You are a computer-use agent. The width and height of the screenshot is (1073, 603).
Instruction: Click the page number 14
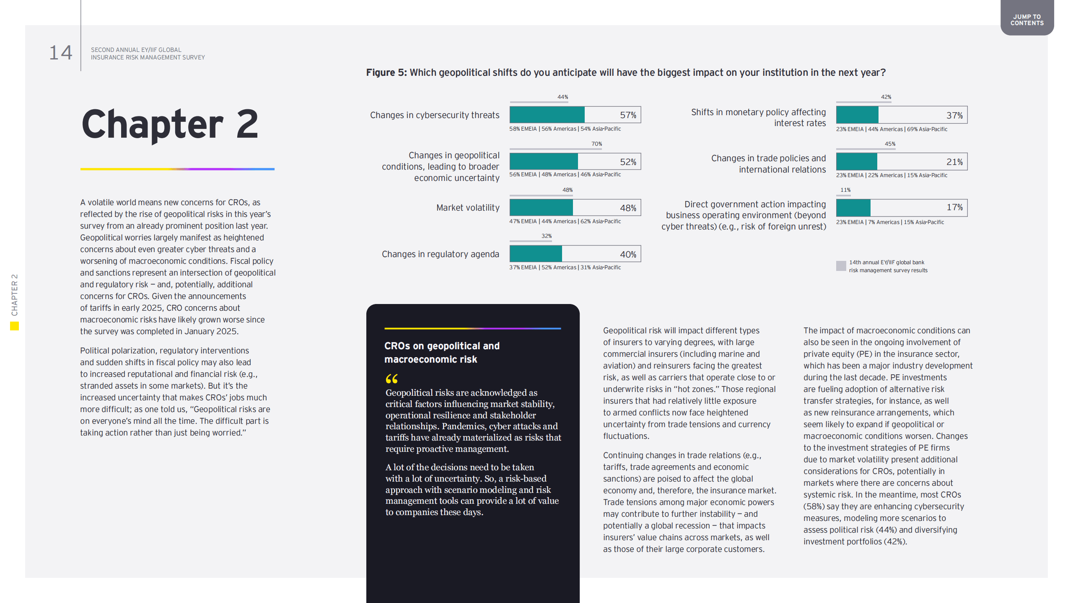tap(61, 53)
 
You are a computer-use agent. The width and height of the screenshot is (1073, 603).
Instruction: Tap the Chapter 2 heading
tap(170, 124)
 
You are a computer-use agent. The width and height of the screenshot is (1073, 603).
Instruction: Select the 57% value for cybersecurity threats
tap(628, 115)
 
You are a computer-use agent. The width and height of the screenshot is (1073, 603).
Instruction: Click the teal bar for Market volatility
tap(541, 208)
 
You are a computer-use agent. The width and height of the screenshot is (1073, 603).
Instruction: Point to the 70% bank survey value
tap(596, 144)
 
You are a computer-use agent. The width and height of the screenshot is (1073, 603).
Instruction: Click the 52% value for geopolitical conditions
tap(628, 162)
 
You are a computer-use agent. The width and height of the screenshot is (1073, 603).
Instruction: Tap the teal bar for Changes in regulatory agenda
tap(536, 254)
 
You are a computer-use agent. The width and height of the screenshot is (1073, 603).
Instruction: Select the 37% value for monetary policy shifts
tap(954, 116)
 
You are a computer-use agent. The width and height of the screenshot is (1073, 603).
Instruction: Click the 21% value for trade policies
tap(954, 162)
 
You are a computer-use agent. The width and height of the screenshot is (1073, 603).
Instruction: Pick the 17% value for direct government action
tap(954, 207)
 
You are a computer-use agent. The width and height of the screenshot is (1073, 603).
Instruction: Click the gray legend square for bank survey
tap(841, 266)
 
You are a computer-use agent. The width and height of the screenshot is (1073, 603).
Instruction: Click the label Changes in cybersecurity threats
tap(435, 115)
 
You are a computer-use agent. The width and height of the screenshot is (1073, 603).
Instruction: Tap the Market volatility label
tap(468, 208)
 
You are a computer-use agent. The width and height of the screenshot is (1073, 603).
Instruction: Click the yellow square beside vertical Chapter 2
tap(15, 326)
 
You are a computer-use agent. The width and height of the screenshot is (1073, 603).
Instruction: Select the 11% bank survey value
tap(845, 190)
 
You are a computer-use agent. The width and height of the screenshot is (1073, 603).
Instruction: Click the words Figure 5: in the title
tap(386, 72)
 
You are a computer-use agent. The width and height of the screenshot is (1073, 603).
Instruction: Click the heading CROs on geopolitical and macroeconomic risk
tap(442, 353)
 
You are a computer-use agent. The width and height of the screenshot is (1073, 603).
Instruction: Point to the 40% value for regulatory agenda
tap(628, 255)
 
